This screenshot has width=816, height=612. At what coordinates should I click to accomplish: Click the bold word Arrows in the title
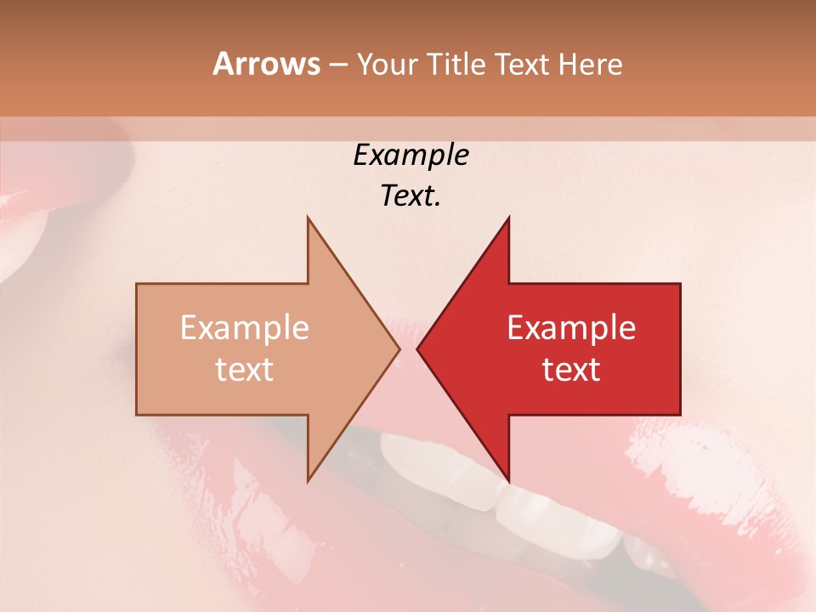tap(266, 64)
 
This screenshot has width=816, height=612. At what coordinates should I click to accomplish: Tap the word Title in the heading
tap(456, 64)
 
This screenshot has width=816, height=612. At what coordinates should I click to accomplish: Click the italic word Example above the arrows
tap(411, 155)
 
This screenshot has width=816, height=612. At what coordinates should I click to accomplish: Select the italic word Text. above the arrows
tap(411, 196)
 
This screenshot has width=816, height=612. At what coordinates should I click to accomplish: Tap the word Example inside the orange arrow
tap(245, 327)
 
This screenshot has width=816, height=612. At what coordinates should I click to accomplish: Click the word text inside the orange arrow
tap(245, 370)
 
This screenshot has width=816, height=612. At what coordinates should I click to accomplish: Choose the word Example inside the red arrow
tap(571, 327)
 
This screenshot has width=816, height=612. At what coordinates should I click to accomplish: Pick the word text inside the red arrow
tap(571, 370)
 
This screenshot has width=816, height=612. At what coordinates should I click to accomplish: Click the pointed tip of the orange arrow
tap(399, 348)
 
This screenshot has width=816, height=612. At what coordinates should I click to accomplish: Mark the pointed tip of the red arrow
tap(418, 348)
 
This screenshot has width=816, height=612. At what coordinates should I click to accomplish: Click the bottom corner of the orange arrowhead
tap(309, 480)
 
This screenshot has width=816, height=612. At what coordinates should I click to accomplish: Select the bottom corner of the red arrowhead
tap(508, 480)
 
